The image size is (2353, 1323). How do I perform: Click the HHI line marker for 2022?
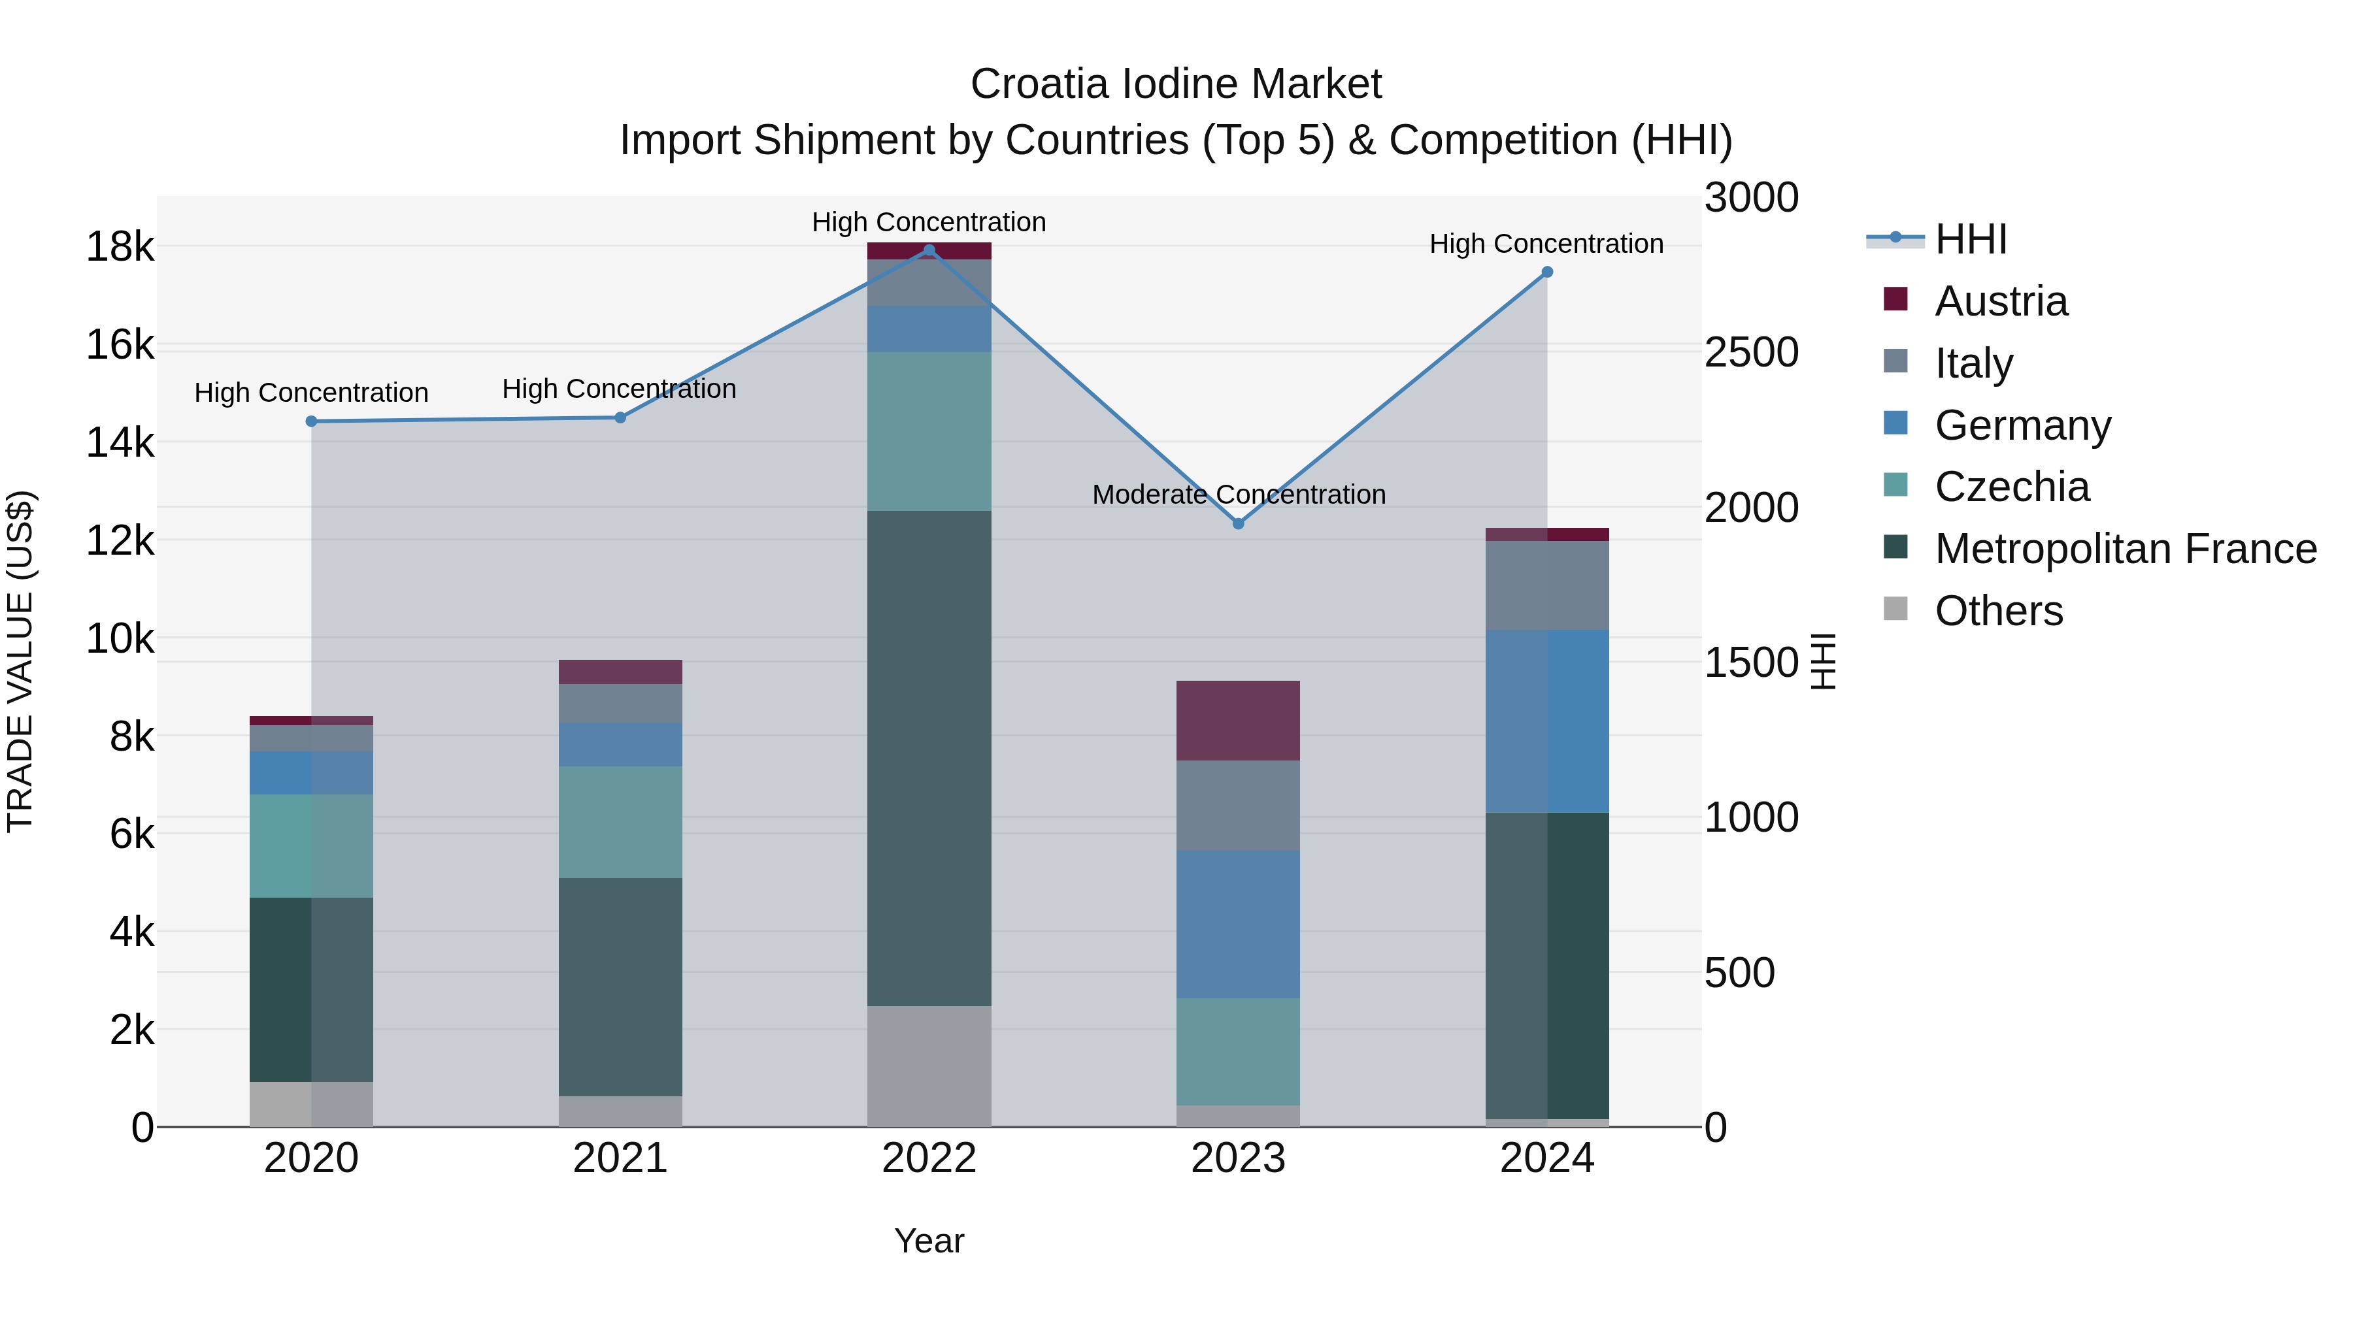tap(929, 250)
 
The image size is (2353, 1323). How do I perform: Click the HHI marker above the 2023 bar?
tap(1239, 524)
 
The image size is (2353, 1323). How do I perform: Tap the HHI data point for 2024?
tap(1547, 272)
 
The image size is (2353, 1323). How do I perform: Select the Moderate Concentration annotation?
tap(1239, 495)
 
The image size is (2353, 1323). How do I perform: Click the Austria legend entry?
tap(2001, 301)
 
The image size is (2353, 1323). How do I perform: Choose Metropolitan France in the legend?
tap(2125, 549)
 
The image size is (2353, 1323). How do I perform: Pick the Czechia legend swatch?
tap(1895, 485)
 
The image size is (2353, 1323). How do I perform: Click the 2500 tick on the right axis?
tap(1751, 352)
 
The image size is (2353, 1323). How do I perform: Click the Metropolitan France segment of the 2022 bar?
tap(929, 758)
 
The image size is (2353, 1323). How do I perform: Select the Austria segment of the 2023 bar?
tap(1238, 721)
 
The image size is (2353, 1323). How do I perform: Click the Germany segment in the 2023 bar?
tap(1238, 924)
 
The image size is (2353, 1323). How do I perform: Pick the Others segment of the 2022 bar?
tap(929, 1066)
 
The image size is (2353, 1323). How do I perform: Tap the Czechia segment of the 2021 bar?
tap(620, 822)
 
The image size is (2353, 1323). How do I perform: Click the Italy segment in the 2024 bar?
tap(1547, 585)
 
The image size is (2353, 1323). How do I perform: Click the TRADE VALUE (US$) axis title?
tap(20, 661)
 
